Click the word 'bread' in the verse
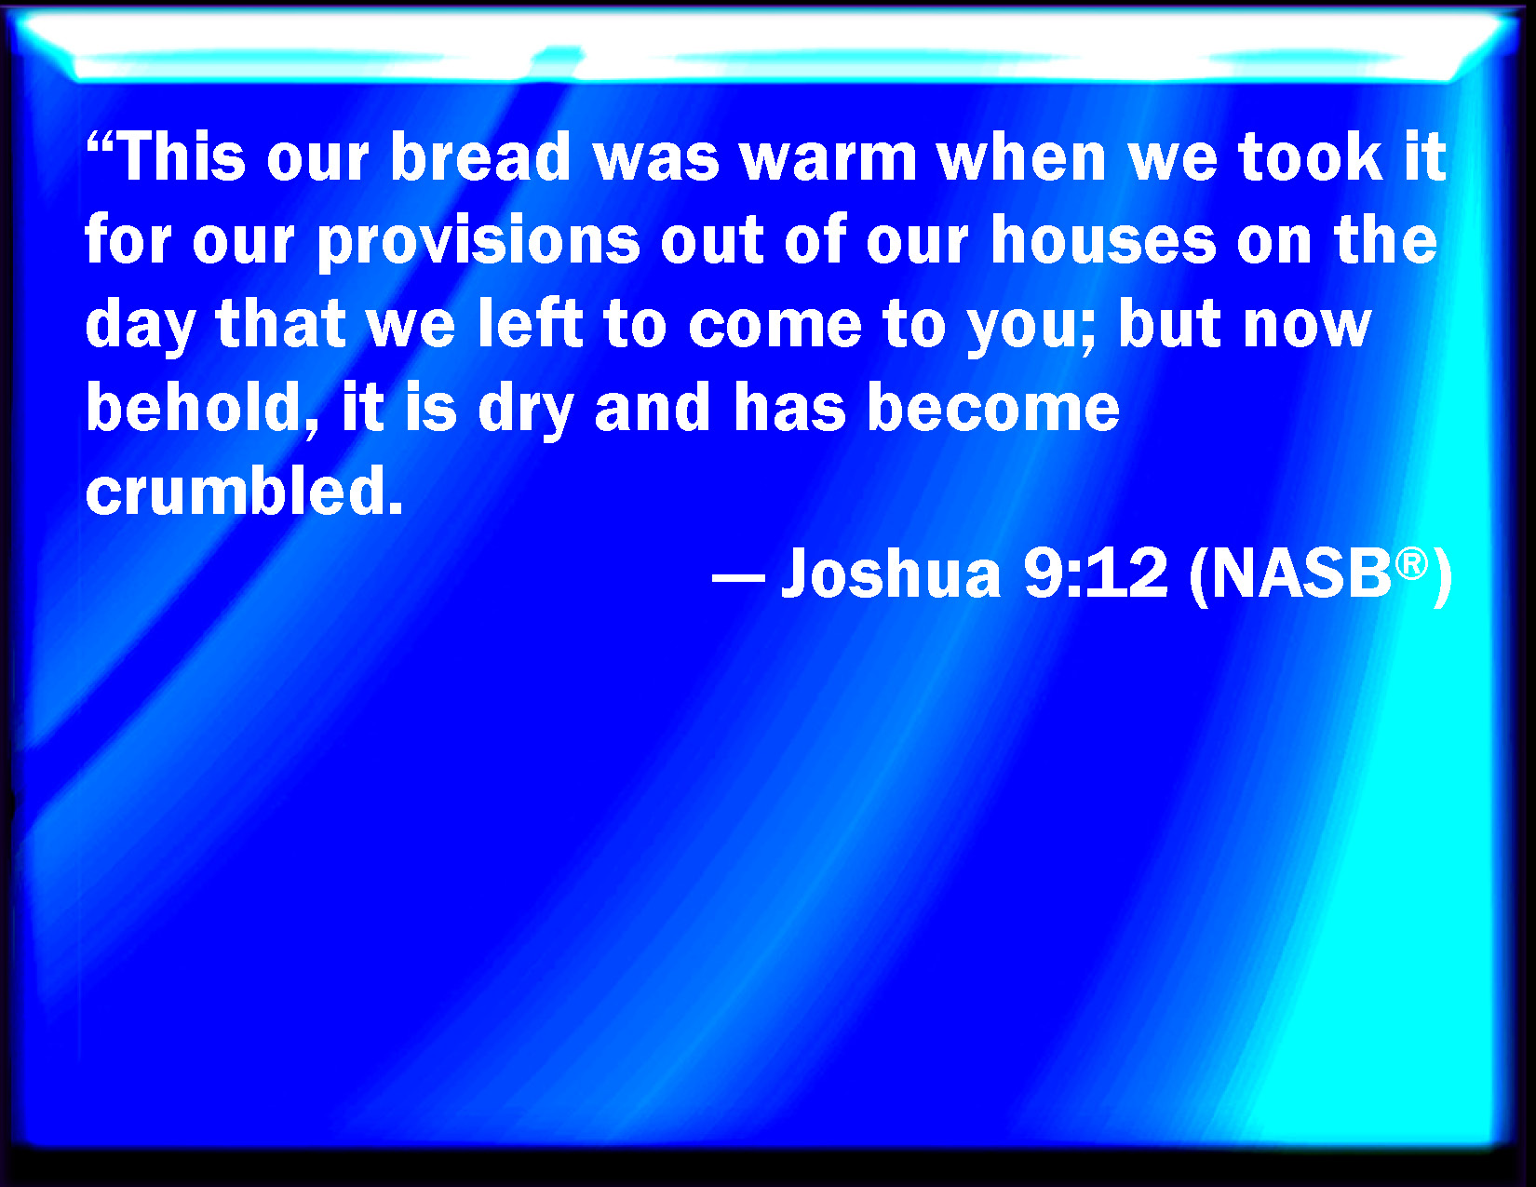480,156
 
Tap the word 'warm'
829,157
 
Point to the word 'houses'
1103,240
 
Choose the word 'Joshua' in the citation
891,572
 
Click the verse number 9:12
1096,572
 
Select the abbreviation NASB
1301,573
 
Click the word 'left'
531,323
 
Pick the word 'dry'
524,409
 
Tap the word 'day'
140,326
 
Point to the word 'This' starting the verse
182,156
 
